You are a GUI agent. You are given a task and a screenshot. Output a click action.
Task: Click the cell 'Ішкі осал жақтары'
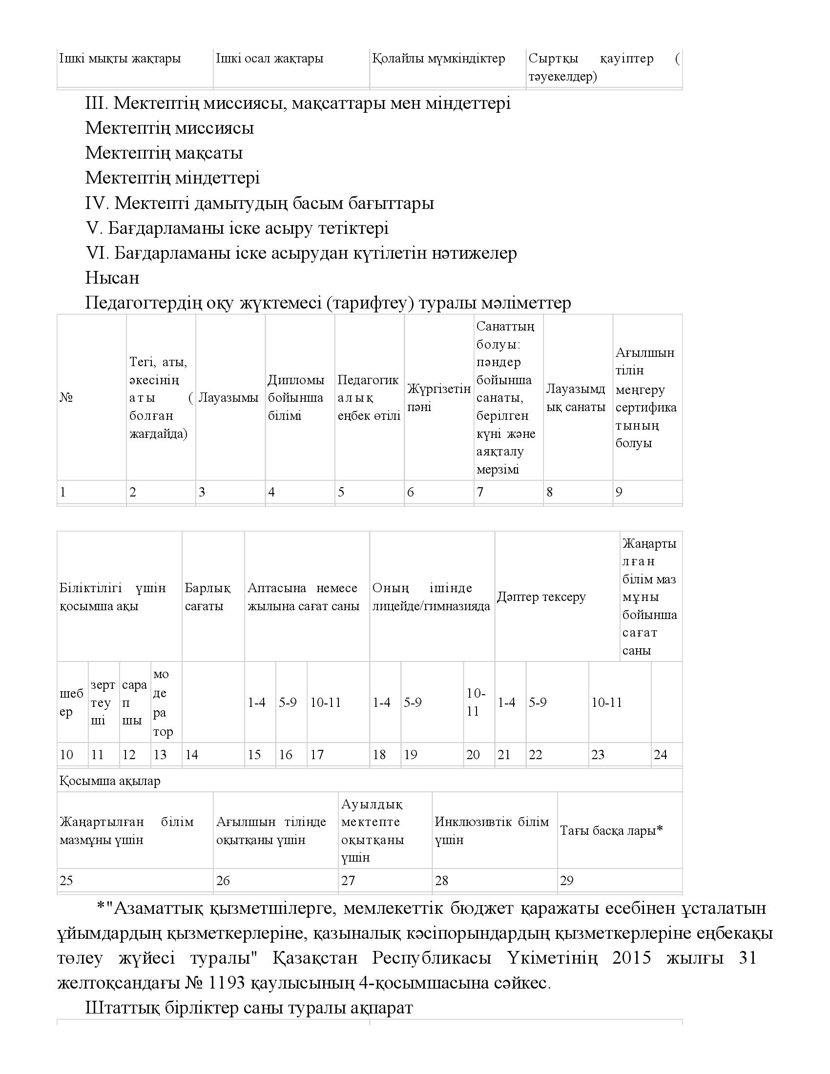[270, 59]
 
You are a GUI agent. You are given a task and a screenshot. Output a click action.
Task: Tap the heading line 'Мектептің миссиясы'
[169, 128]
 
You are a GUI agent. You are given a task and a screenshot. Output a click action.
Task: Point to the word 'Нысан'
[112, 278]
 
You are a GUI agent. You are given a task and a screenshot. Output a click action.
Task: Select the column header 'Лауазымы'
[228, 398]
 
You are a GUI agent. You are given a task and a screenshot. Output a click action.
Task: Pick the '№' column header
[66, 398]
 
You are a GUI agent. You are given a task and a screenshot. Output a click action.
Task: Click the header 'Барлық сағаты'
[207, 597]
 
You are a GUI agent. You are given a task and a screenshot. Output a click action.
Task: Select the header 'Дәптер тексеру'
[541, 597]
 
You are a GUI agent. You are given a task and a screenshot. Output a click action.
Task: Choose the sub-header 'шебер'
[71, 702]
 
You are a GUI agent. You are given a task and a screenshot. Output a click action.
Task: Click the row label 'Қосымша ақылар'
[110, 781]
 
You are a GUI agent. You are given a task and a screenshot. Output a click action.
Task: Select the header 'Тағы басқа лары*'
[611, 830]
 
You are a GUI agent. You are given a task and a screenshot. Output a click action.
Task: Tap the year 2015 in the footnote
[631, 958]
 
